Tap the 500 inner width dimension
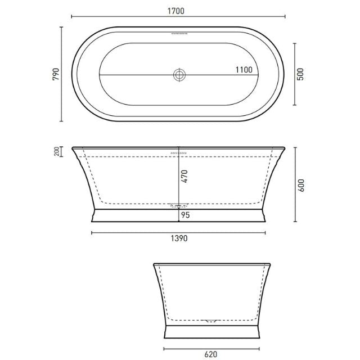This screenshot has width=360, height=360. [x=300, y=75]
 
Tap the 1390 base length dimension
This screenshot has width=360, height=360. [x=178, y=238]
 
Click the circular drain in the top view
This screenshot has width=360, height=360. [x=179, y=75]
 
